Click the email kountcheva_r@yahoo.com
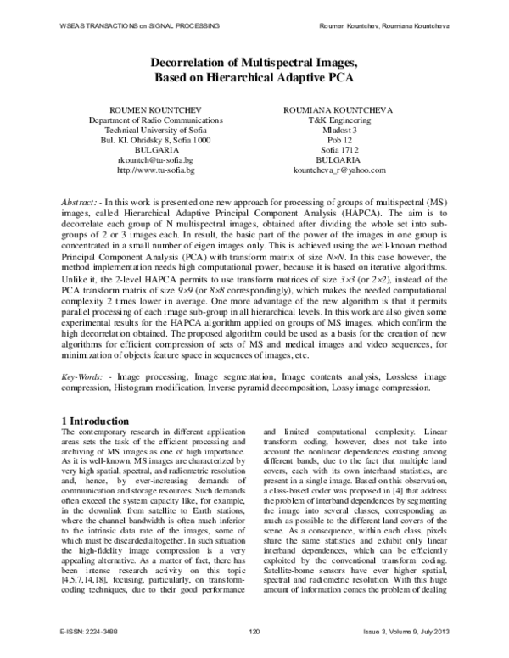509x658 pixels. [337, 170]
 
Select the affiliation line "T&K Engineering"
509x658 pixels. [337, 121]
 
